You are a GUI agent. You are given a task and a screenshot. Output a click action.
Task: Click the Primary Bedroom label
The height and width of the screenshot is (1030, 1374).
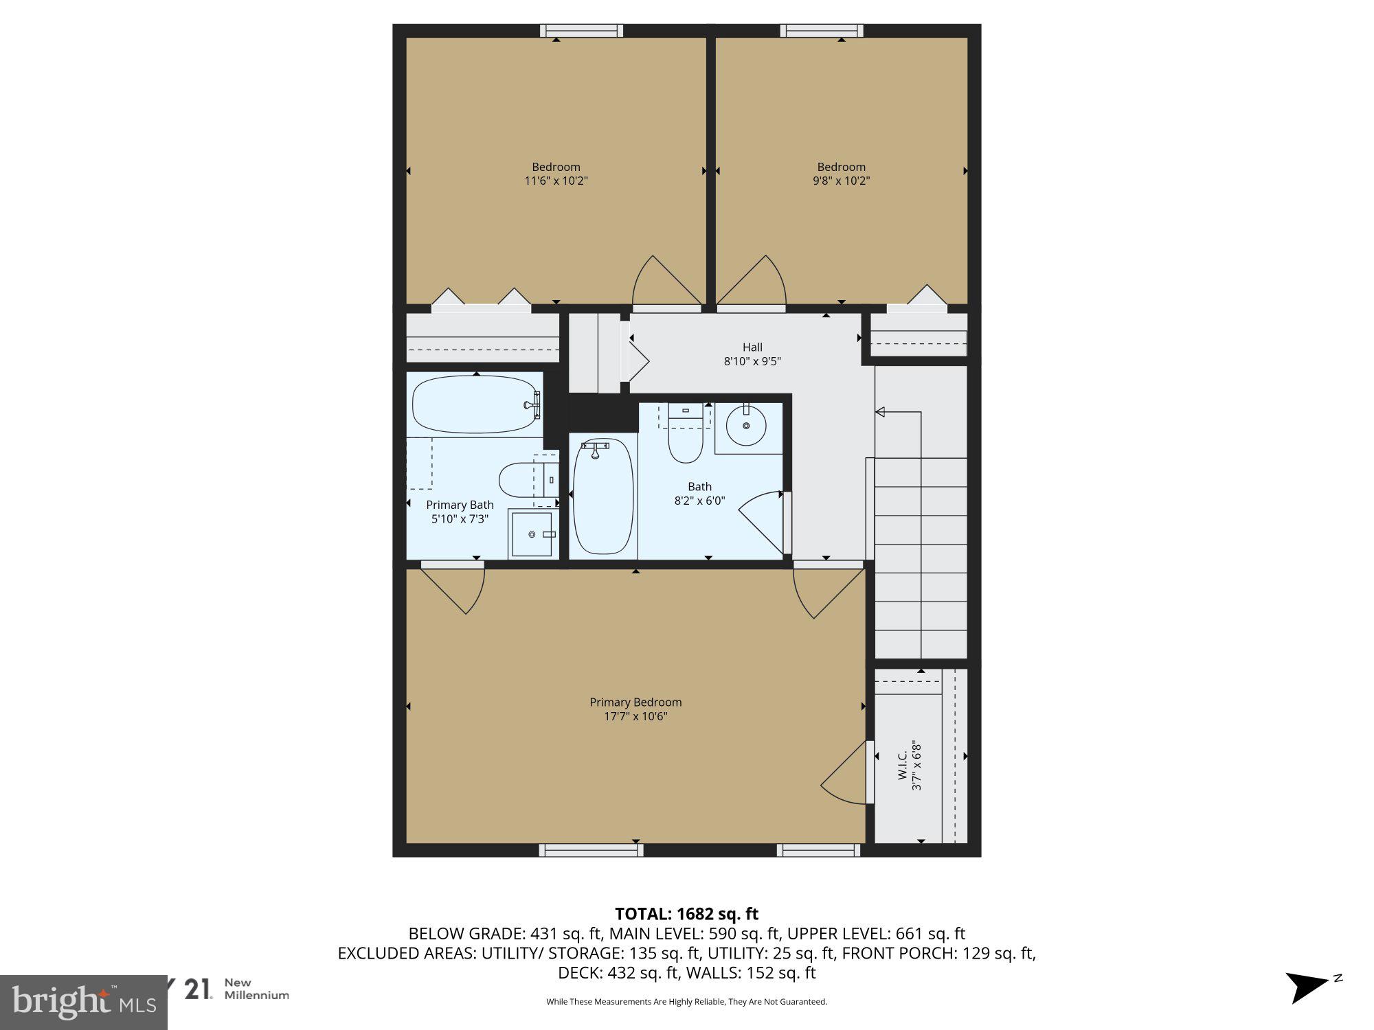(635, 702)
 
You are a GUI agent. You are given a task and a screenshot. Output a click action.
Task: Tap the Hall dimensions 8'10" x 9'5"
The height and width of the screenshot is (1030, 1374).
(752, 361)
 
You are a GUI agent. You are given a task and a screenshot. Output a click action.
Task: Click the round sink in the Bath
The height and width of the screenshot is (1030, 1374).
(746, 425)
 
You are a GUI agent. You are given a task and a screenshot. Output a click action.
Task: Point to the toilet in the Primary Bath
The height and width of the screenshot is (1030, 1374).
(522, 481)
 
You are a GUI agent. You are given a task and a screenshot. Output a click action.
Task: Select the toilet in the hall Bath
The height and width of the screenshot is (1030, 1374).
(686, 439)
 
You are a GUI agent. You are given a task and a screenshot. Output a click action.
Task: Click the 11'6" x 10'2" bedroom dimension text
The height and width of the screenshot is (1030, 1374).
(556, 181)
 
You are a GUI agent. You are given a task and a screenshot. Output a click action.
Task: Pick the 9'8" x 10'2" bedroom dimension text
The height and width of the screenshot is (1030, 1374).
(841, 181)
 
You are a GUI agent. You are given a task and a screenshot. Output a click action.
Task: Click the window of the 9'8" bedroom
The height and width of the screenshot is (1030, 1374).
(822, 30)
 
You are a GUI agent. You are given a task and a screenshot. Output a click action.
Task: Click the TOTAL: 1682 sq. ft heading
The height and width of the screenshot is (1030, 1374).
(686, 914)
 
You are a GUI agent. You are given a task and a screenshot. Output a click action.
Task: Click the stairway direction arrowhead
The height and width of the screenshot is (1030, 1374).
(879, 412)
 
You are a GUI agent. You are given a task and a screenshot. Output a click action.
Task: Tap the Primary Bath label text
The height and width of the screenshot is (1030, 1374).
(460, 505)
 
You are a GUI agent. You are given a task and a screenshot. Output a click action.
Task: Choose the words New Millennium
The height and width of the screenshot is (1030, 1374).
(256, 989)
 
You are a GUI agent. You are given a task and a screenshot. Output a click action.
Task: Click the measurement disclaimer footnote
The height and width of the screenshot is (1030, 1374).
(686, 1002)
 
